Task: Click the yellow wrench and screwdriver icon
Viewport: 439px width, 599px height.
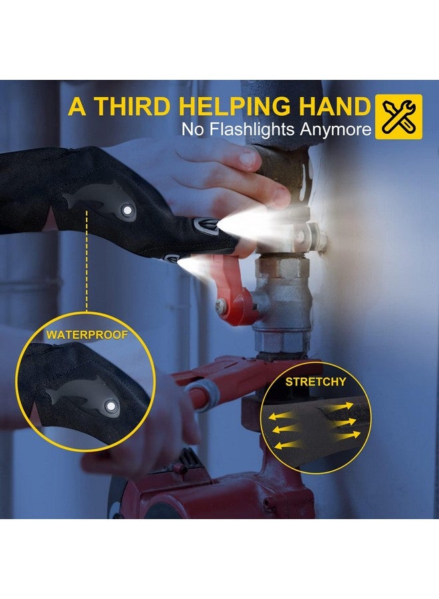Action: [398, 116]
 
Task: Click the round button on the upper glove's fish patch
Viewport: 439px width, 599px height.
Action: [126, 210]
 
